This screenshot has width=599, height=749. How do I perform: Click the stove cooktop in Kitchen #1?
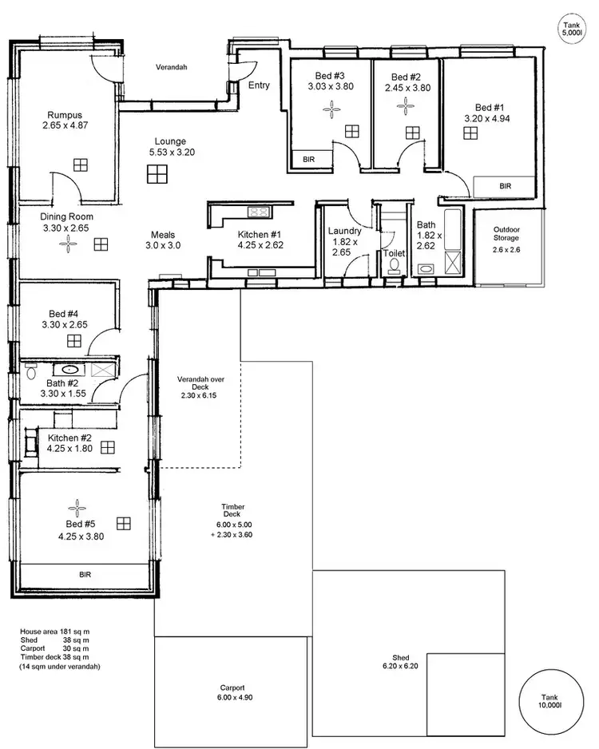coord(258,212)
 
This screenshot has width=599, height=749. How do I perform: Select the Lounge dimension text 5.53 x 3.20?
coord(172,152)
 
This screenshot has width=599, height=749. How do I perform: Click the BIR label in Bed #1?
coord(504,186)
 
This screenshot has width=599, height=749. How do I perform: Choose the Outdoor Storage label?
coord(506,233)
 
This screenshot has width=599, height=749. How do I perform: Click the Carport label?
coord(232,688)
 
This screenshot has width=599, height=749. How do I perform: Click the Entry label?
coord(260,85)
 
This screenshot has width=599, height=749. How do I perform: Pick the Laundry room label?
coord(345,231)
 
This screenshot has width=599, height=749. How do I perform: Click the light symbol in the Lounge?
coord(156,174)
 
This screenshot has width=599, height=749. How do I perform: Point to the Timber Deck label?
coord(233,511)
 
